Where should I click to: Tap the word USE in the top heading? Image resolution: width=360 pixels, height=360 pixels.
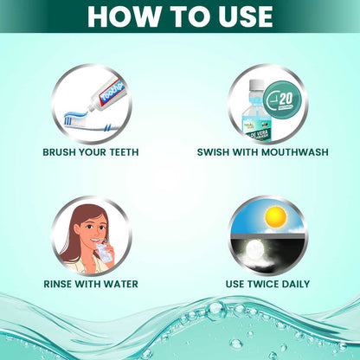(239, 16)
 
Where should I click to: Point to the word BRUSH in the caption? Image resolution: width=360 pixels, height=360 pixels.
(64, 152)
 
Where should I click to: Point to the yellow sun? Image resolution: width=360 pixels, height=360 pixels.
(275, 216)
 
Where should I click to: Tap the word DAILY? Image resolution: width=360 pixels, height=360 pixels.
(293, 282)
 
